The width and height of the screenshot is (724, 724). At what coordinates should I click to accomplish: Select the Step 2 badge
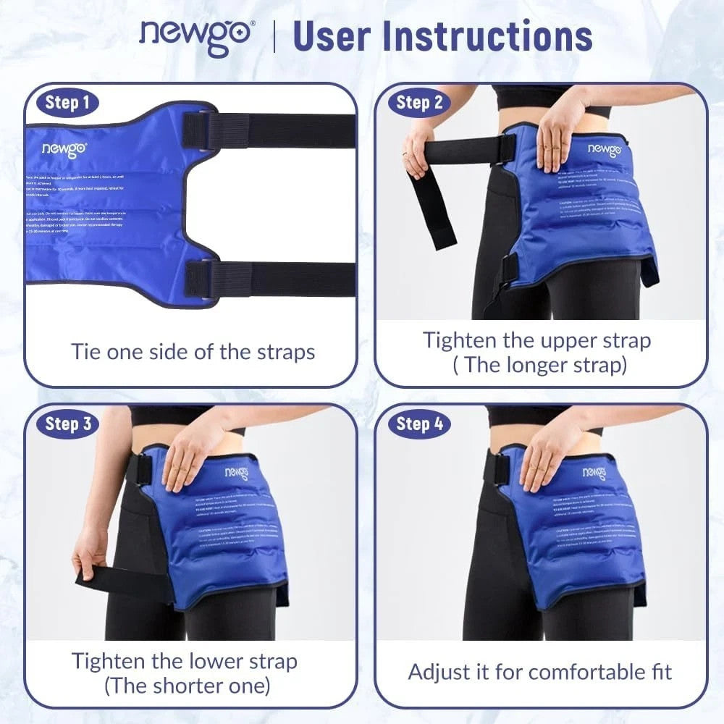tap(419, 102)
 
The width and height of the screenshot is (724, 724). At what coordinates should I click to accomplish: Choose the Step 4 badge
tap(419, 424)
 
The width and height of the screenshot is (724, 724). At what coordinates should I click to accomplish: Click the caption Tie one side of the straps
tap(193, 352)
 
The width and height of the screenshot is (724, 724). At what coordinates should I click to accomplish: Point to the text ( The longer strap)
tap(540, 364)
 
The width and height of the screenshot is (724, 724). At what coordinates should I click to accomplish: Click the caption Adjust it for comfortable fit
tap(540, 671)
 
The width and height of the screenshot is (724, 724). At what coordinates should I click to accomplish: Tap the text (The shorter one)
tap(188, 685)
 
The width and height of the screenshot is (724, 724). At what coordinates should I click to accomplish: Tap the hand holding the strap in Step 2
tap(418, 148)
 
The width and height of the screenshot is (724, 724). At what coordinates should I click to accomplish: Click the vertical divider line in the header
tap(274, 36)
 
